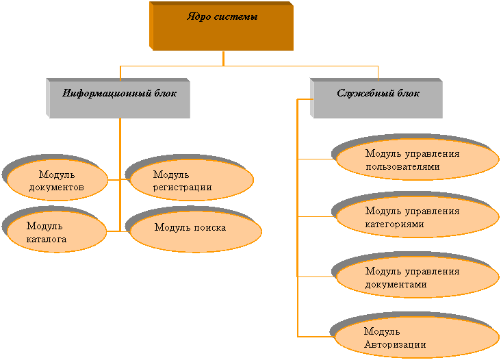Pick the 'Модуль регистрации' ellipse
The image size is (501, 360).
coord(191,181)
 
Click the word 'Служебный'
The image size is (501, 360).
coord(359,93)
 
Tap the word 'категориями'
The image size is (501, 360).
coord(394,224)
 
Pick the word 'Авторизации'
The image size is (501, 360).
coord(395,344)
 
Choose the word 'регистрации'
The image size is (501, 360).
coord(182,187)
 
